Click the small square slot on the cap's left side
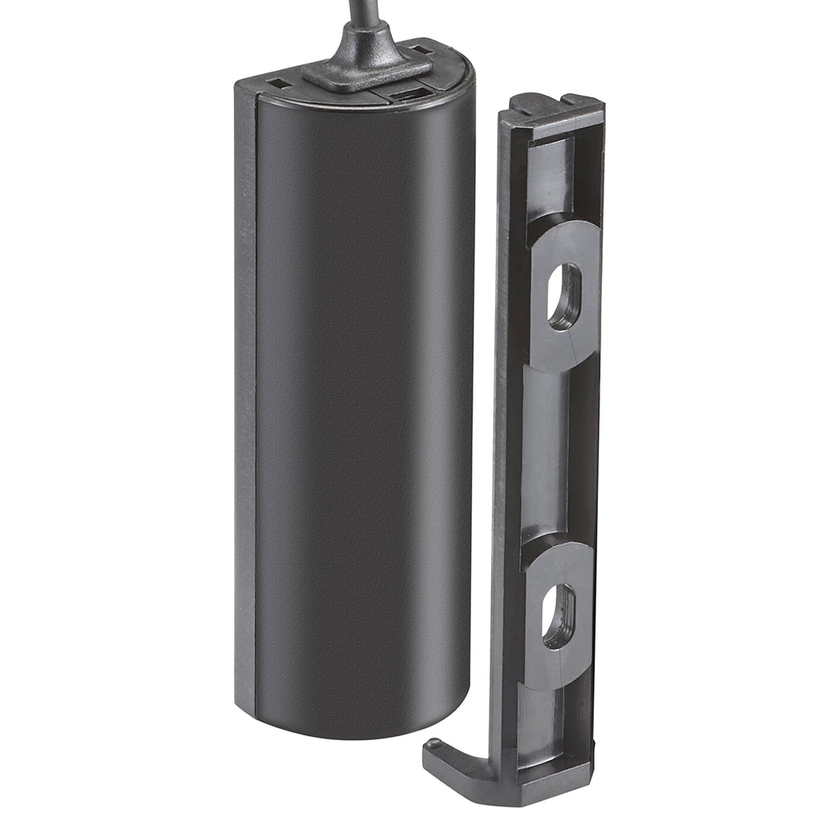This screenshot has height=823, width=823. click(x=277, y=81)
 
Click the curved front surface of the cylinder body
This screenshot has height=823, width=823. click(x=362, y=402)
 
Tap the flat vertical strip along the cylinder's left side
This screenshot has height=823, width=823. click(x=245, y=402)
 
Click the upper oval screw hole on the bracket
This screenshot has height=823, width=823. click(x=564, y=296)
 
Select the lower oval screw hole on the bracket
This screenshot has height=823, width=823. click(x=559, y=616)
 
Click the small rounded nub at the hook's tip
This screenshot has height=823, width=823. click(x=432, y=745)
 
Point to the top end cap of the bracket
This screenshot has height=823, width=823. click(x=555, y=109)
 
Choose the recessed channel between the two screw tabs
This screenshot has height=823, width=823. click(x=547, y=454)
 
